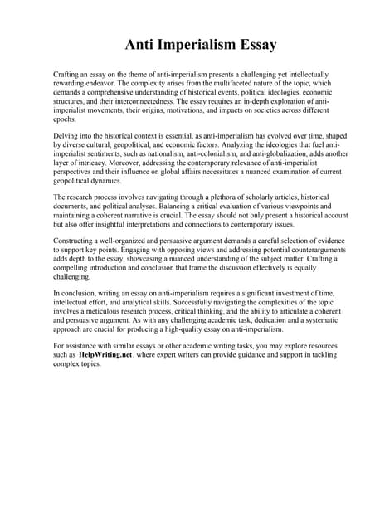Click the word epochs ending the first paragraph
tap(64, 120)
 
